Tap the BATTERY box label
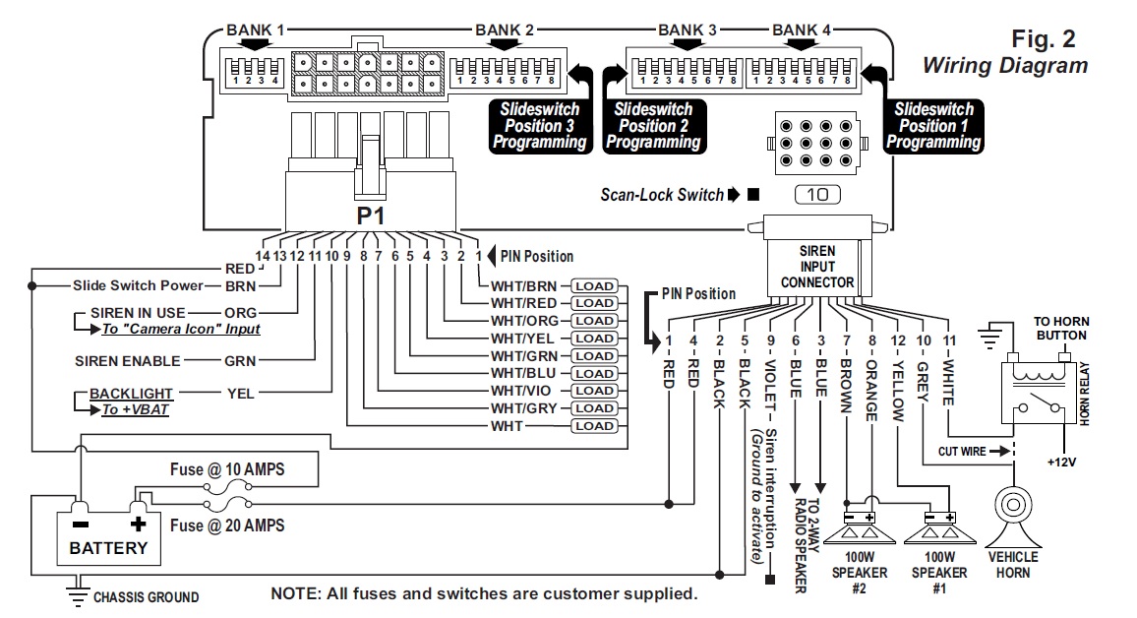[x=108, y=548]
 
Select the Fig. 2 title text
[x=1044, y=39]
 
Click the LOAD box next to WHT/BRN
[x=594, y=286]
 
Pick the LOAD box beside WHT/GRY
[x=594, y=408]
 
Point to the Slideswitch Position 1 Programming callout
[x=934, y=125]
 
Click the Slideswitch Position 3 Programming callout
[x=540, y=125]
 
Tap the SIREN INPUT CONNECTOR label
[x=817, y=267]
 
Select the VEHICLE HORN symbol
[x=1012, y=515]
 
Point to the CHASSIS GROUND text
[x=146, y=596]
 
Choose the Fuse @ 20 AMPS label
[x=227, y=525]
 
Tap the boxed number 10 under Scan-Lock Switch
[x=817, y=195]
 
